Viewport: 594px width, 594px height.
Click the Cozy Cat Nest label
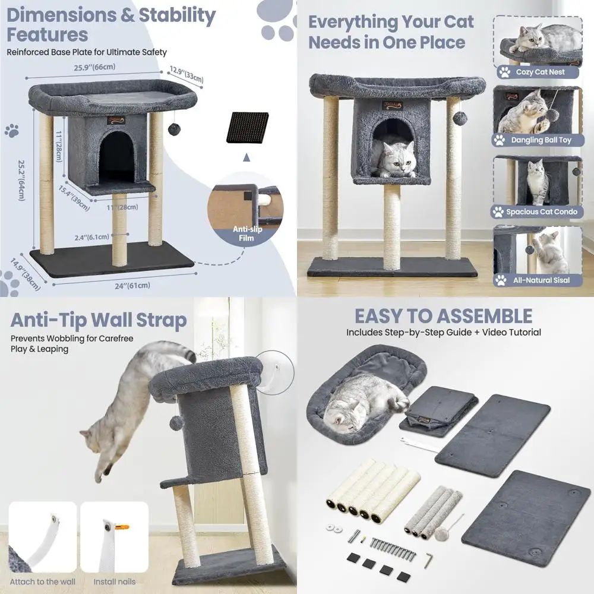point(539,72)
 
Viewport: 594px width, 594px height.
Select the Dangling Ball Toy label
point(540,141)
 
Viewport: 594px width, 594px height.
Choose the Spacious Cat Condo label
point(541,211)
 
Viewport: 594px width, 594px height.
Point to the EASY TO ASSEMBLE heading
point(443,315)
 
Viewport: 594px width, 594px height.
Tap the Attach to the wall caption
point(42,582)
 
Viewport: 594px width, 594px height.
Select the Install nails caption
point(114,582)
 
